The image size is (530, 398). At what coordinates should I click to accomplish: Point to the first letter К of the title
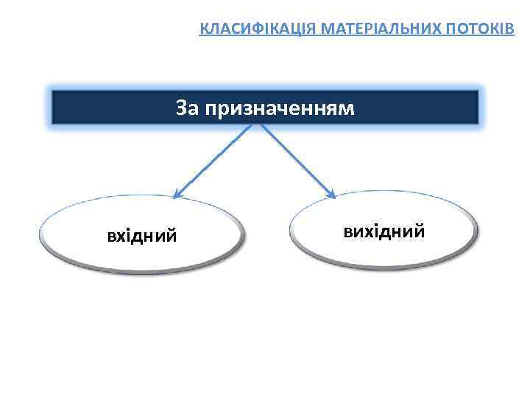[x=205, y=29]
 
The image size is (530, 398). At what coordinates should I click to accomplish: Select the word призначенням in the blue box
[x=280, y=109]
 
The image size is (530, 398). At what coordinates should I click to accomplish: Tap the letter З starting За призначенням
[x=181, y=109]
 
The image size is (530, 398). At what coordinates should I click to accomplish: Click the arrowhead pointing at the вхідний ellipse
[x=176, y=195]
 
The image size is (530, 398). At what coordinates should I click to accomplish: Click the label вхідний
[x=141, y=236]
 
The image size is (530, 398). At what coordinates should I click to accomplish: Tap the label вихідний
[x=384, y=231]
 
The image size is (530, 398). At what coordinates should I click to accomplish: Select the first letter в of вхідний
[x=111, y=237]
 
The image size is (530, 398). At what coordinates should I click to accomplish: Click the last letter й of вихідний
[x=419, y=231]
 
